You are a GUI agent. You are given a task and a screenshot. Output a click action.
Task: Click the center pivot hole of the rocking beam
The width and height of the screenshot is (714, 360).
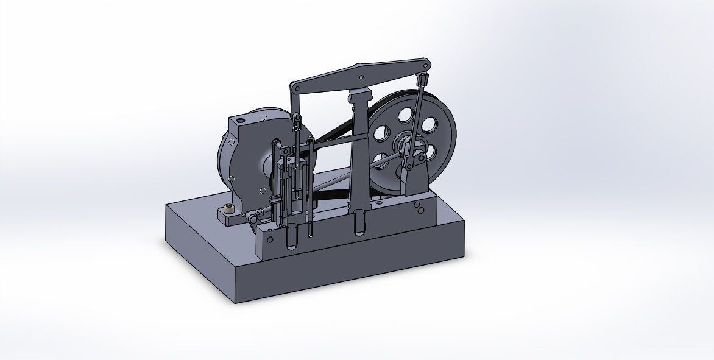[x=362, y=77]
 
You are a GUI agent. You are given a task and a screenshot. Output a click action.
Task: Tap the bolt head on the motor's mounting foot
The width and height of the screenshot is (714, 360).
[x=230, y=209]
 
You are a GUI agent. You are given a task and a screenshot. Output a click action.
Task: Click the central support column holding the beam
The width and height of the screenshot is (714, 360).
[x=359, y=152]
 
